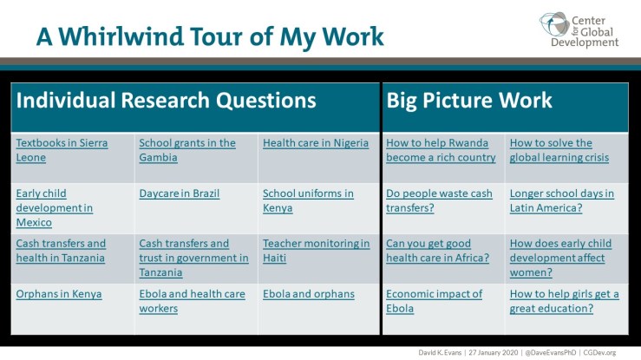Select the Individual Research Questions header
click(166, 101)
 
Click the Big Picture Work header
click(469, 101)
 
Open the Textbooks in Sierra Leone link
click(62, 150)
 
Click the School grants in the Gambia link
click(187, 150)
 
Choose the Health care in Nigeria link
click(316, 143)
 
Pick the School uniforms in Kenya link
click(308, 200)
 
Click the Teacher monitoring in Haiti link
click(316, 251)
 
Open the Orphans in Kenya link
click(59, 294)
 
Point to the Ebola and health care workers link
click(192, 301)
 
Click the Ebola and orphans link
click(309, 294)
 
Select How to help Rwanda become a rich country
click(441, 150)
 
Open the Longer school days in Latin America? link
click(561, 200)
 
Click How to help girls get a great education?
click(564, 301)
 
